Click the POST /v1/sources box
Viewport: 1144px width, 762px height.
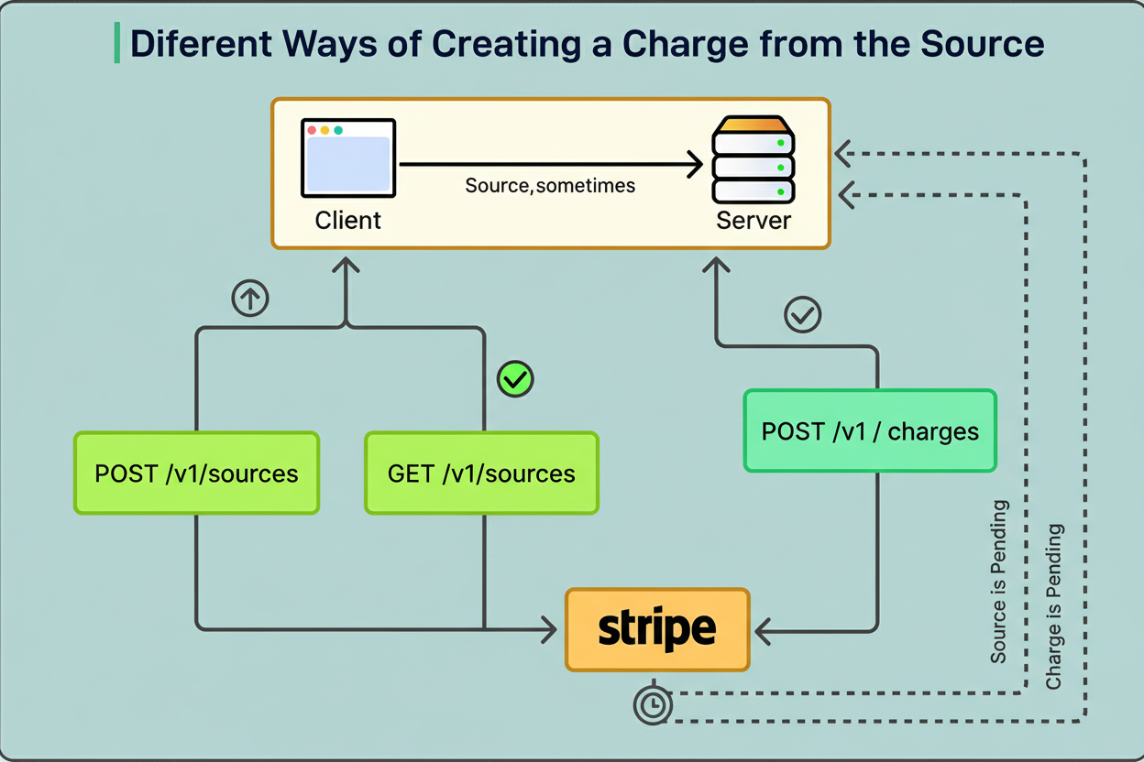(x=196, y=473)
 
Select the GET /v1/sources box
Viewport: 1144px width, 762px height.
(x=481, y=473)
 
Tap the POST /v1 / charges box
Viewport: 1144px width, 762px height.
(x=869, y=430)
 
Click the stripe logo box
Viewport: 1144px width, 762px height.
(x=657, y=629)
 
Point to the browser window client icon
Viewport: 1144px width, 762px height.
(x=348, y=158)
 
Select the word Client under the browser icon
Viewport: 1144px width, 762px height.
(x=348, y=221)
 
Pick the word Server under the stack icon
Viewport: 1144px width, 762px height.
(x=753, y=221)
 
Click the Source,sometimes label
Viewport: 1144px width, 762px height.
(x=550, y=186)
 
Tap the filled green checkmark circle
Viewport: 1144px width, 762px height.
(x=515, y=378)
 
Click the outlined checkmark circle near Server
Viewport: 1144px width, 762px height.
(x=803, y=316)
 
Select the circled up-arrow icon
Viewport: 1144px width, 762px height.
(x=250, y=298)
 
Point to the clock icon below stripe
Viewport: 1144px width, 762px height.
(x=653, y=705)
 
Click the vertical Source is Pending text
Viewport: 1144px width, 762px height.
(x=999, y=582)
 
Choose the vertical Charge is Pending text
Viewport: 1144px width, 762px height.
(x=1054, y=606)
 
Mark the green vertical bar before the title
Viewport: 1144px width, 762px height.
(x=117, y=44)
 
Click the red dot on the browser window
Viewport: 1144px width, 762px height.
(x=311, y=131)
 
